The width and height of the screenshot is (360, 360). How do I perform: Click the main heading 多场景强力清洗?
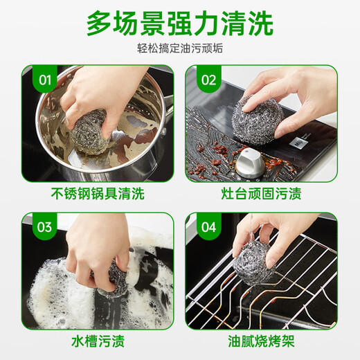coord(180,24)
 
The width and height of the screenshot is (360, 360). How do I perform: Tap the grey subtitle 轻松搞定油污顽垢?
coord(180,48)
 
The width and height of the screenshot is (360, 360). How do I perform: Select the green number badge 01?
coord(45,80)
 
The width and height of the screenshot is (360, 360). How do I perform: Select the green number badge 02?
coord(208,80)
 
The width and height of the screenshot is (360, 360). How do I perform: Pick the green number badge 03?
coord(45,227)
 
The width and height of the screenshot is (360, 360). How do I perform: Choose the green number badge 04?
coord(208,227)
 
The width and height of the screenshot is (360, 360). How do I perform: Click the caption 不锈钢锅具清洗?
coord(98,193)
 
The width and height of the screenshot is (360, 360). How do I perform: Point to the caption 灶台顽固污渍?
coord(261,193)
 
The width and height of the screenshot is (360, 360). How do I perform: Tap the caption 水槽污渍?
coord(98,341)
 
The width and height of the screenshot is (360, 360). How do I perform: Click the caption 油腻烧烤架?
coord(261,341)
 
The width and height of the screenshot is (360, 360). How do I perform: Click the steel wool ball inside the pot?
coord(91,132)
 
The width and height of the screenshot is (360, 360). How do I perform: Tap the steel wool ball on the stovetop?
coord(258,120)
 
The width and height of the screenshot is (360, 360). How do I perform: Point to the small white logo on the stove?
coord(298,141)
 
